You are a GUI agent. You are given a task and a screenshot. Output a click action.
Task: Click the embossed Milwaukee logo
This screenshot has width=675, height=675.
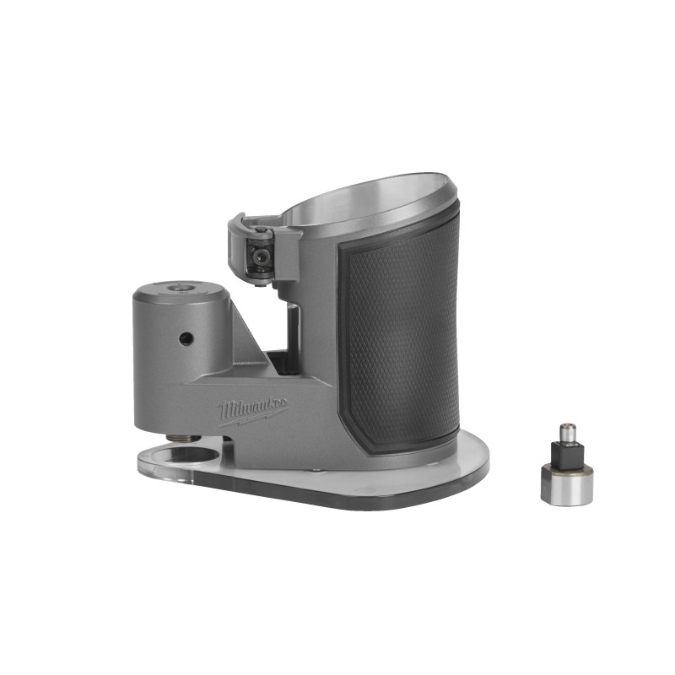(x=253, y=410)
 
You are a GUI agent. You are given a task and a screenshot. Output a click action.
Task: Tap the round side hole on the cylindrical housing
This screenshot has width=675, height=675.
(x=186, y=338)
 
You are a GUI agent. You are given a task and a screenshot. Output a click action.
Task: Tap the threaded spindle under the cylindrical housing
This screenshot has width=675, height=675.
(x=186, y=438)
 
